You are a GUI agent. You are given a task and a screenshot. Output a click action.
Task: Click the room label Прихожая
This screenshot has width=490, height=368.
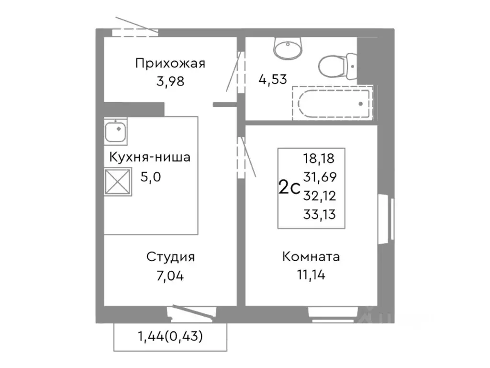pos(170,63)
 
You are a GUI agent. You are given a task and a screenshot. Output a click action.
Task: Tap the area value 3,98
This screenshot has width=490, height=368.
pos(170,80)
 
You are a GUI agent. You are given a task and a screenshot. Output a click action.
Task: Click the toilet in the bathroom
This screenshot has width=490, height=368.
pos(337,68)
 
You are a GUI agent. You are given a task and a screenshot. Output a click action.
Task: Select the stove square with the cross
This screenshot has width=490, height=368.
pos(118,182)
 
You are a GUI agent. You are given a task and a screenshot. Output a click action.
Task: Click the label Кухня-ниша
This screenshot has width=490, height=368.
pos(150,157)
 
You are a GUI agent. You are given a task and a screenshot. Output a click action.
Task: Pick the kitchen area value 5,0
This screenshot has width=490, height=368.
pos(151,177)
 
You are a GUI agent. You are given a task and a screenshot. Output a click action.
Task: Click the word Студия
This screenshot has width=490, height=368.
pos(170,257)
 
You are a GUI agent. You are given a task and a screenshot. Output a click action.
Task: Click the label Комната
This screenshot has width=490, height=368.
pos(311,257)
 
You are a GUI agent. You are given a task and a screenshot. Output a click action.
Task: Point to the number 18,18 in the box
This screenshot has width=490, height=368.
pos(319,158)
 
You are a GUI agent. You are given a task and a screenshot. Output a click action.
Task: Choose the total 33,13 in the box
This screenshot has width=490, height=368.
pos(319,214)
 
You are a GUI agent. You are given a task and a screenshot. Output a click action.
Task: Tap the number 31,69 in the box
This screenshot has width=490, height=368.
pos(319,177)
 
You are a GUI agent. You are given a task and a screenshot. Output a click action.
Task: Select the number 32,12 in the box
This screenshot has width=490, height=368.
pos(319,195)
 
